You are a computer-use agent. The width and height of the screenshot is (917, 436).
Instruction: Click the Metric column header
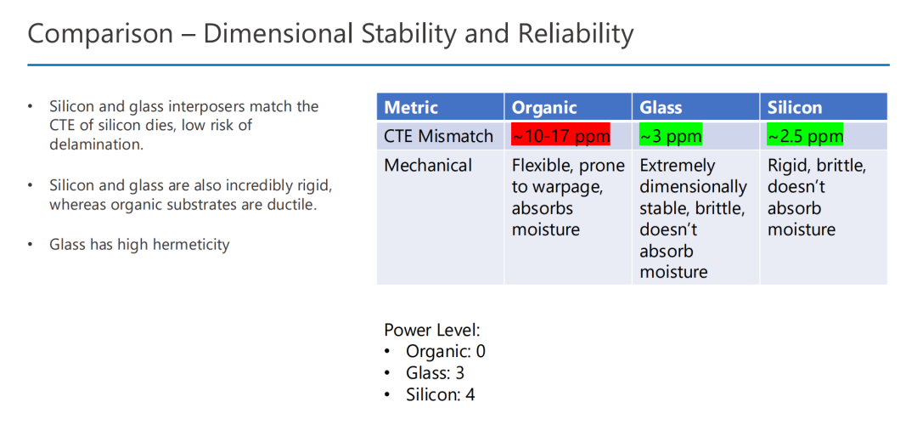(411, 108)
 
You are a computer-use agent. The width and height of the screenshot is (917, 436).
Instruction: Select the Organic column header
(544, 108)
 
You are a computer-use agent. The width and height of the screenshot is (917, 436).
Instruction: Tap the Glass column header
(661, 108)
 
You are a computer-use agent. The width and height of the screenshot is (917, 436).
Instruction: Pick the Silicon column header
(795, 108)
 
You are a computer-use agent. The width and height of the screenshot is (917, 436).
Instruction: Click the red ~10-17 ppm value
(561, 136)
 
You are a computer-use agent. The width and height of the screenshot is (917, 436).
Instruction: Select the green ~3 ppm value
(671, 136)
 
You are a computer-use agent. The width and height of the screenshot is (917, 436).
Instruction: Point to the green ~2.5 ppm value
(805, 136)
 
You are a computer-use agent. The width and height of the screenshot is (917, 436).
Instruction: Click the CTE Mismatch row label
(439, 136)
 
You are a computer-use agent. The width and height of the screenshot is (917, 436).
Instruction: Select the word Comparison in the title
(100, 34)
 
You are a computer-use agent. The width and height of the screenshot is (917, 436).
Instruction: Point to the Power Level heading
(432, 330)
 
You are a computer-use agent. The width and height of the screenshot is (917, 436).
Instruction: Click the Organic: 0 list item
(446, 352)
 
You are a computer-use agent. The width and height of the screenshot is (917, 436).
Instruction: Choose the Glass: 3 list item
(435, 373)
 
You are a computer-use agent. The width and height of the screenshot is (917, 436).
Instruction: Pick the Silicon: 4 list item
(441, 394)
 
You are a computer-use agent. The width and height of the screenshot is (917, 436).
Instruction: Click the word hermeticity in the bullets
(191, 245)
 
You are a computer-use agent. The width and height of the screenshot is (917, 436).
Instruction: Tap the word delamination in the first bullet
(97, 144)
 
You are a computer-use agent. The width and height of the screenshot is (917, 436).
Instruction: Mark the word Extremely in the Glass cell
(678, 166)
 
